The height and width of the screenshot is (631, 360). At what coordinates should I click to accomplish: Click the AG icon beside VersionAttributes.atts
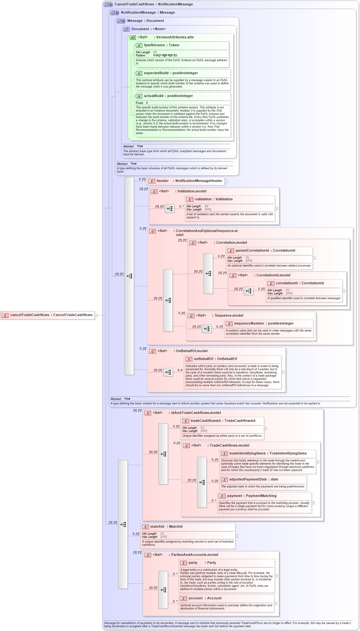click(132, 38)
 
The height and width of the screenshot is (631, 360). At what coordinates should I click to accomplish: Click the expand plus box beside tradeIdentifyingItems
click(317, 462)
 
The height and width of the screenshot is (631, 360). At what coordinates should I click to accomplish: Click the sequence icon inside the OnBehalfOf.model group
click(168, 372)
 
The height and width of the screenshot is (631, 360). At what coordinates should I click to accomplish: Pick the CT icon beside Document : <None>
click(126, 29)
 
